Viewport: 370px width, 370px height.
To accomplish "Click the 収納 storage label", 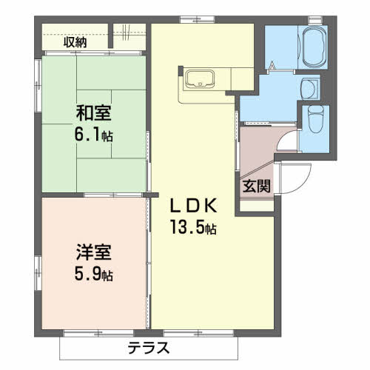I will (x=75, y=42).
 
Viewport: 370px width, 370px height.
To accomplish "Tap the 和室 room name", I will (x=93, y=114).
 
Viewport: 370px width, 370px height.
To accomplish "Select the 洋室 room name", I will (x=93, y=252).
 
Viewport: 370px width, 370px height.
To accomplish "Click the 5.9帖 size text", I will (x=94, y=274).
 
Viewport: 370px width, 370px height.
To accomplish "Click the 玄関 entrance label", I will (x=256, y=185).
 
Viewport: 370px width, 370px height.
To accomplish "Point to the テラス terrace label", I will (x=149, y=347).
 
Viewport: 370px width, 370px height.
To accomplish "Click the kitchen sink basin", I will (x=199, y=78).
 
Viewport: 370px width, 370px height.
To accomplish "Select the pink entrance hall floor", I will (x=255, y=148).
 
